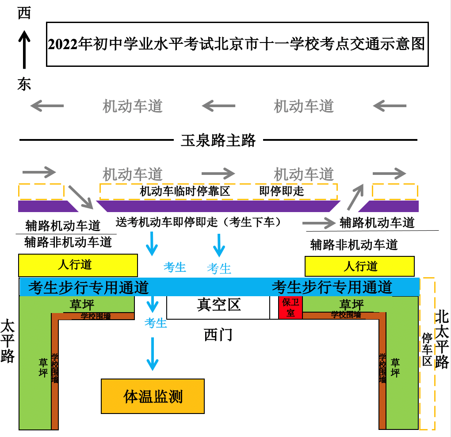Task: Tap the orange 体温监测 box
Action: point(153,396)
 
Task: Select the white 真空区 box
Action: point(218,305)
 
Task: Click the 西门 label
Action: point(218,335)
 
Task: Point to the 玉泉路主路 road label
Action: point(218,140)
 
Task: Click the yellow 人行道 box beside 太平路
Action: point(78,265)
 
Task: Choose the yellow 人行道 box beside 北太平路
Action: point(359,266)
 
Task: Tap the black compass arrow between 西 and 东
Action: point(24,49)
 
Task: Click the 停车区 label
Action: point(427,349)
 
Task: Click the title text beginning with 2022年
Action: point(237,44)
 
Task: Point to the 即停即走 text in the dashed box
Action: point(282,191)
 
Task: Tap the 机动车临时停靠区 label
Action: point(185,191)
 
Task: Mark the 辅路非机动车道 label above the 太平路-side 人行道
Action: point(68,242)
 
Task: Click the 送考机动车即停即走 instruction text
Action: point(199,222)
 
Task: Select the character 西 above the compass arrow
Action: point(24,13)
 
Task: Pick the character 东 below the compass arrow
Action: point(24,84)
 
